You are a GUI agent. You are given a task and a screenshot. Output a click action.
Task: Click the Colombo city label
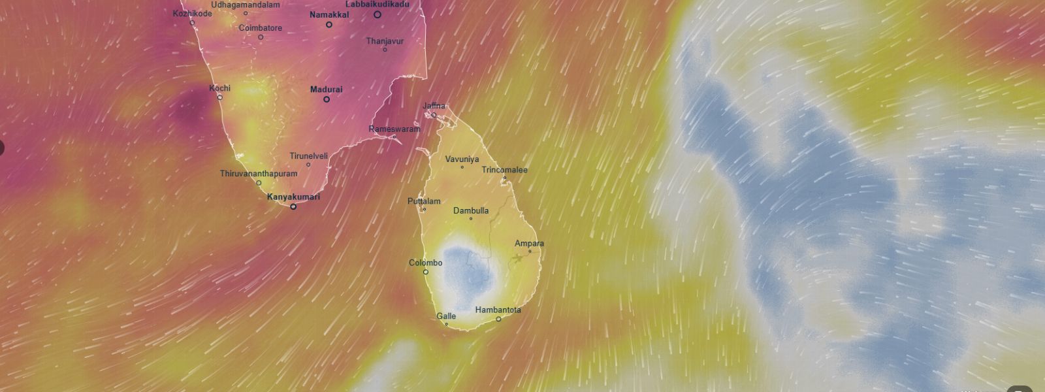pos(425,263)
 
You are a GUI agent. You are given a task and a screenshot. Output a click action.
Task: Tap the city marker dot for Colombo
pos(426,272)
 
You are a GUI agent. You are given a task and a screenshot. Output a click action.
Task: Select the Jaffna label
pos(434,106)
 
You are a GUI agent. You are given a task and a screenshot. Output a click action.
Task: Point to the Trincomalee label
pos(504,170)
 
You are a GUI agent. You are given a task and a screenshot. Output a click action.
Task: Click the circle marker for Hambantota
pos(498,319)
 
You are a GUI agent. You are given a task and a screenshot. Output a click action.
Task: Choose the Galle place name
pos(446,316)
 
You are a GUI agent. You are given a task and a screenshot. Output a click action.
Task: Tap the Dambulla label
pos(471,211)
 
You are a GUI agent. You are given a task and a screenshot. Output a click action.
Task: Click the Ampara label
pos(529,244)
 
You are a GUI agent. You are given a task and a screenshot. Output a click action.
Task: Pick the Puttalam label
pos(424,201)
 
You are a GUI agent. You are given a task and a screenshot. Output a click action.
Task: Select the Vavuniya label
pos(462,159)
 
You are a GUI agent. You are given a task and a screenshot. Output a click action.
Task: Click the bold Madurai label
pos(326,90)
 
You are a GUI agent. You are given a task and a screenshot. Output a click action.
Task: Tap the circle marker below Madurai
pos(327,99)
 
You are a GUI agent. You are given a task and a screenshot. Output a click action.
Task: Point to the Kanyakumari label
pos(293,197)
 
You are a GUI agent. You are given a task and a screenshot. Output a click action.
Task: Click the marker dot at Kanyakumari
pos(293,206)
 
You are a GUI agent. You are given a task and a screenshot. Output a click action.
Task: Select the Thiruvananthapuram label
pos(259,174)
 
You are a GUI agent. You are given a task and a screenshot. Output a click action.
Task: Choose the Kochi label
pos(219,88)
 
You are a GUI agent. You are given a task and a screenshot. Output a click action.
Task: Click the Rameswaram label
pos(394,129)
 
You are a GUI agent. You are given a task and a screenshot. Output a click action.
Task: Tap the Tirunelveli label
pos(308,156)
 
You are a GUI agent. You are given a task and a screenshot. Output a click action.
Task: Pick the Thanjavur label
pos(385,41)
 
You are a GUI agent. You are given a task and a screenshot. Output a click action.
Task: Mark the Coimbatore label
pos(261,28)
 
